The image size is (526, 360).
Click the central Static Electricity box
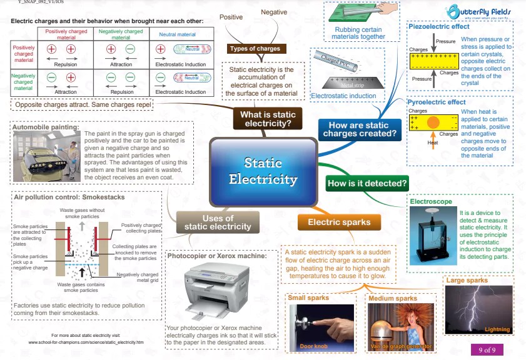point(263,171)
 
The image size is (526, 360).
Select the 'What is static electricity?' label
point(268,119)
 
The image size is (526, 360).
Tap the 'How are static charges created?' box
point(358,129)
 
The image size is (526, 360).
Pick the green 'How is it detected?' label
point(367,183)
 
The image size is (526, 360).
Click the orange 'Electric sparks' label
point(339,222)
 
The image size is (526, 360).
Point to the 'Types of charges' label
point(255,48)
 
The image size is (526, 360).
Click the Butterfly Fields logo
point(479,11)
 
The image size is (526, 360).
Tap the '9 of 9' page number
point(487,349)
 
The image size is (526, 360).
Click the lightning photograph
point(478,310)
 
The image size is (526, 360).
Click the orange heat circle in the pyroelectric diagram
point(433,123)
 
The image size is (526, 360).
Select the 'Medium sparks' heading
point(392,298)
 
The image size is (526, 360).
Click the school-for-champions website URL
point(86,342)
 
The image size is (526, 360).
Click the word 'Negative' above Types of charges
point(274,12)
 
